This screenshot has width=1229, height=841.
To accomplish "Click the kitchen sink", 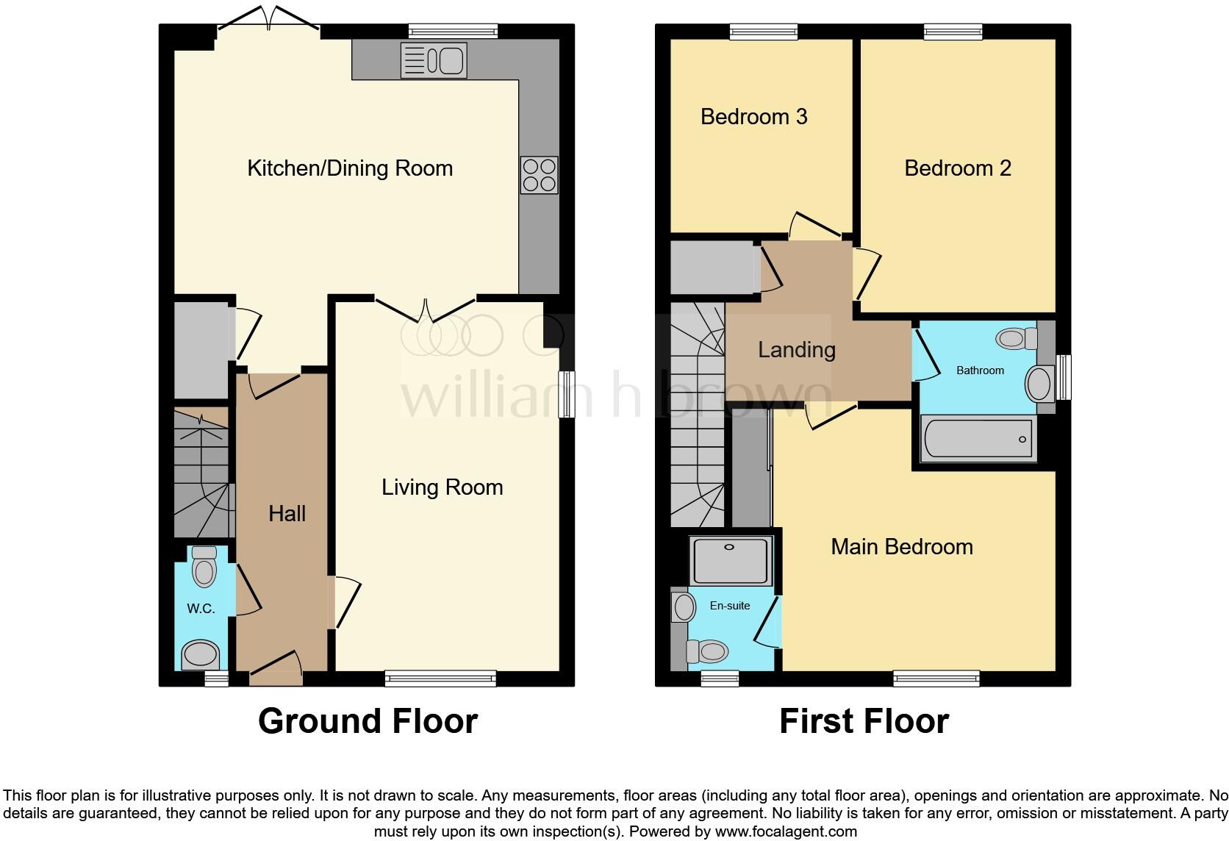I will click(434, 60).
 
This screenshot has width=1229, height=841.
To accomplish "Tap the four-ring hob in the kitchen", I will click(539, 175).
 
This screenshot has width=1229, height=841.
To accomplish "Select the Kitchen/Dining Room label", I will click(350, 168).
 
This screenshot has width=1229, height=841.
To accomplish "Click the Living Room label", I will click(442, 487).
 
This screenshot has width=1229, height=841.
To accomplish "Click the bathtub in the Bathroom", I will click(978, 439).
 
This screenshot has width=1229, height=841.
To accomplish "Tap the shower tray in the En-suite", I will click(730, 560).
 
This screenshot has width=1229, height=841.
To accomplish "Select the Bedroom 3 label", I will click(753, 117).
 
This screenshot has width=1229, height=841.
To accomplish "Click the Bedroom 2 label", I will click(957, 168).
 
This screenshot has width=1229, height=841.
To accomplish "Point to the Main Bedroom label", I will click(901, 547).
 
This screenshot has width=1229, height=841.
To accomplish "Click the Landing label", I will click(796, 350).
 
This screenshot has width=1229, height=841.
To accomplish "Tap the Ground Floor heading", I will click(368, 721).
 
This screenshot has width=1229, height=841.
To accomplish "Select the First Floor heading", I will click(864, 721).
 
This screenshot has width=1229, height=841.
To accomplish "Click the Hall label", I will click(287, 514).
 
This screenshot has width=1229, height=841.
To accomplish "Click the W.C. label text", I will click(200, 609).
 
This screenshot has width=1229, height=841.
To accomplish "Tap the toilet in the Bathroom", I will click(1017, 339).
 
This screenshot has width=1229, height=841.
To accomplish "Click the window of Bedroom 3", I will click(763, 31).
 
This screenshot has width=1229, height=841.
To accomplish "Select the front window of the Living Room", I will click(440, 679).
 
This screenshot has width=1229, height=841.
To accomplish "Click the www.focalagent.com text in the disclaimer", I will click(785, 832).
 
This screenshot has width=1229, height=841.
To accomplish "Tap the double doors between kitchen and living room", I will click(426, 309).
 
